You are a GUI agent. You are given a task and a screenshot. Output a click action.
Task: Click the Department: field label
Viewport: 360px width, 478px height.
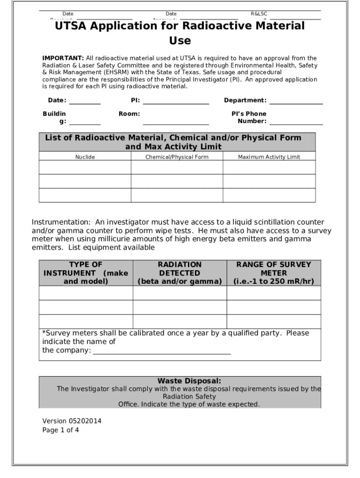[245, 100]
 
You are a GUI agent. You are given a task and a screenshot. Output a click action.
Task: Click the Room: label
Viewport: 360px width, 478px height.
[129, 114]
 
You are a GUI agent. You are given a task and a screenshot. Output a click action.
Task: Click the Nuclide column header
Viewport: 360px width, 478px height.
[85, 157]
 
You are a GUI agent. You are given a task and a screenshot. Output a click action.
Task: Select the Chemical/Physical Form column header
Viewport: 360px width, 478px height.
[177, 157]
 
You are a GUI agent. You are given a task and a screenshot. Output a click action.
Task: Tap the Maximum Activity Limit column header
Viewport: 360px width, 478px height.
[269, 157]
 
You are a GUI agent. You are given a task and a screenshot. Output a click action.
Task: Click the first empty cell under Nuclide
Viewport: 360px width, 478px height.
[85, 167]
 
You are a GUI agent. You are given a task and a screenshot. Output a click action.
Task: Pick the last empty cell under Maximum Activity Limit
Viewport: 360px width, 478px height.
[269, 195]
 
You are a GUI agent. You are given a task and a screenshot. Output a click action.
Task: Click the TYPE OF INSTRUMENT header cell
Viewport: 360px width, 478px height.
[86, 273]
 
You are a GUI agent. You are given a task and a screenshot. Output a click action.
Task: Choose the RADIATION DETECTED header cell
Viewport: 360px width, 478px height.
[180, 273]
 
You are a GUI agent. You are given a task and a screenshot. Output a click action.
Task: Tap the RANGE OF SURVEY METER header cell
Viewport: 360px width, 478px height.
[274, 273]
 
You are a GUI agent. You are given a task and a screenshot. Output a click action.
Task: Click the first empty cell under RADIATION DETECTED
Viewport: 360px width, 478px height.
[180, 293]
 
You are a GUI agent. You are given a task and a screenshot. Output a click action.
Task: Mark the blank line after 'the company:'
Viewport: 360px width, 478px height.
[162, 351]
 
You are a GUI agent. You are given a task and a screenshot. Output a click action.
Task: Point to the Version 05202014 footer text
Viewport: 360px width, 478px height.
[72, 421]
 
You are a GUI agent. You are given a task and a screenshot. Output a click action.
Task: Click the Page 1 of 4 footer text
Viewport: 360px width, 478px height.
[61, 430]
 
